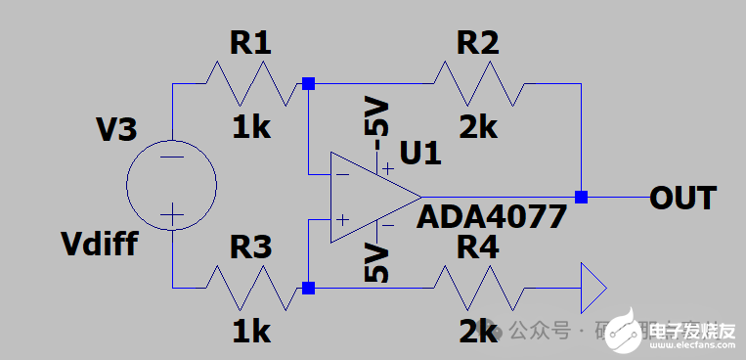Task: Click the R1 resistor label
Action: point(249,43)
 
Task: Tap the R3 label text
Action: point(249,248)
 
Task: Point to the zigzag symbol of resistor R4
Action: point(478,289)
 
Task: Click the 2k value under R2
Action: point(478,127)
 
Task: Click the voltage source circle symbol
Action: point(172,185)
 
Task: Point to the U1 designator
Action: point(421,153)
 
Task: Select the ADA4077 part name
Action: point(492,216)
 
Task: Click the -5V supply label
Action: point(376,116)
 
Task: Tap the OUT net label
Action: point(683,198)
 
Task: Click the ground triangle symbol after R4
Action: point(592,289)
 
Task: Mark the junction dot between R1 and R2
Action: point(308,84)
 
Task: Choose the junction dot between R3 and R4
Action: point(308,289)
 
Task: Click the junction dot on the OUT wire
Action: point(582,198)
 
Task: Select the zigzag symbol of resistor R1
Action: point(249,84)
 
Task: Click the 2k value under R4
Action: point(478,332)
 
